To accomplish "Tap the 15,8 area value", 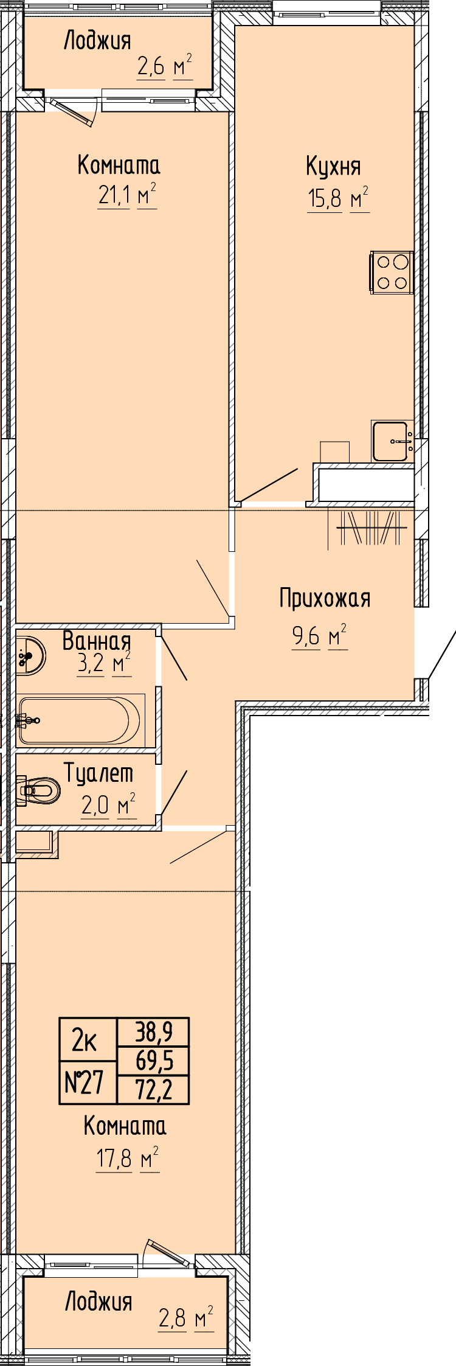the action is tap(325, 198).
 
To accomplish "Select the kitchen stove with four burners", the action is tap(392, 273).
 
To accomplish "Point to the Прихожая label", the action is tap(325, 598).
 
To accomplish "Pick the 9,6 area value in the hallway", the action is tap(306, 636).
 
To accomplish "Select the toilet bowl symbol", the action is tap(38, 790).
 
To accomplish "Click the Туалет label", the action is tap(99, 773).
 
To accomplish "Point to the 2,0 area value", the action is tap(95, 806).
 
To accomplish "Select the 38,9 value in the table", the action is tap(153, 1032).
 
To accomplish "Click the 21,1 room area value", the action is tap(114, 197).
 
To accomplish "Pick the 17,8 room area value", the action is tap(114, 1159).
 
